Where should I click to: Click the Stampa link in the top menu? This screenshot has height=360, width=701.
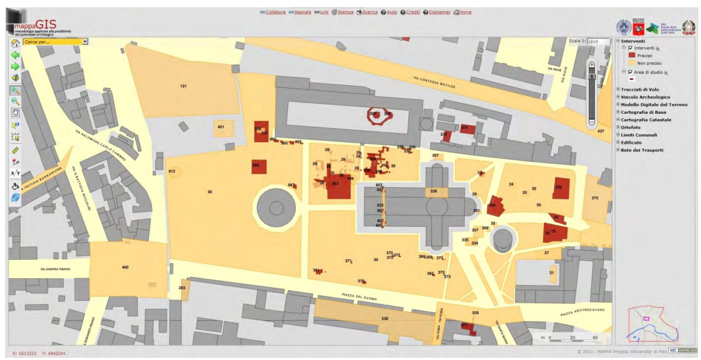(x=345, y=12)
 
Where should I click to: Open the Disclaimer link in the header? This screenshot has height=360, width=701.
(x=439, y=12)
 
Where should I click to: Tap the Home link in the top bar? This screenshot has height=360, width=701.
(x=465, y=12)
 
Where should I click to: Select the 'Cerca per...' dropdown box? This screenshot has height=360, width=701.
(x=55, y=42)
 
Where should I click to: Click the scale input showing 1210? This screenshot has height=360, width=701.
(x=598, y=41)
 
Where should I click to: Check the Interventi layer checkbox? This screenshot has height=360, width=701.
(x=630, y=48)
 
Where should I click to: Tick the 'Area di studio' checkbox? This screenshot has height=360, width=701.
(x=630, y=72)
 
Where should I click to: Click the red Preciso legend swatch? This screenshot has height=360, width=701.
(x=632, y=55)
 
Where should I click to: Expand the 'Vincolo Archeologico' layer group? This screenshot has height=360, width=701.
(x=618, y=97)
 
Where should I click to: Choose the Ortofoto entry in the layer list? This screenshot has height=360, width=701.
(x=631, y=127)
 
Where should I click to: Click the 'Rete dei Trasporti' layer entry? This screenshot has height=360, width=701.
(x=642, y=150)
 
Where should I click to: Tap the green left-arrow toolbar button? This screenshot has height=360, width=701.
(x=15, y=55)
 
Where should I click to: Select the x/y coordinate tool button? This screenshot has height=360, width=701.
(x=15, y=173)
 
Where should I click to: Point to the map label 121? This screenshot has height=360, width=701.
(x=183, y=86)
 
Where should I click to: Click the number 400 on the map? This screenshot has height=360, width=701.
(x=125, y=267)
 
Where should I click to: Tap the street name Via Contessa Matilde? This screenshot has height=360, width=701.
(x=434, y=82)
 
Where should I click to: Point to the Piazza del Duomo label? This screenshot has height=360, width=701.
(x=359, y=297)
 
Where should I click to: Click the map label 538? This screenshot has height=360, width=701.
(x=385, y=319)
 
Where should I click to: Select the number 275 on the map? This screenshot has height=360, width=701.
(x=595, y=198)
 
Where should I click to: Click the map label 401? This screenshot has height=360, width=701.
(x=221, y=127)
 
